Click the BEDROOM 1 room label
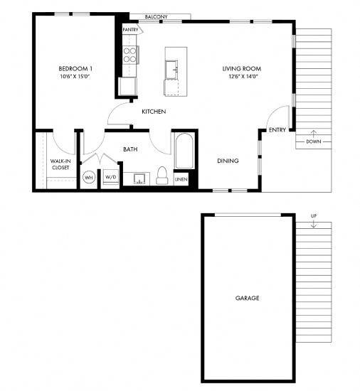point(76,69)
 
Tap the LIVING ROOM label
point(239,69)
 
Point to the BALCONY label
point(156,16)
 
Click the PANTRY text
point(130,30)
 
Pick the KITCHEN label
point(154,112)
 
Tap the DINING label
point(228,161)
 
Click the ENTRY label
point(277,129)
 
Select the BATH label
point(130,149)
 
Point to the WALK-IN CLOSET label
point(60,164)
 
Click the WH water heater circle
point(90,176)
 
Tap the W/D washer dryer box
point(111,176)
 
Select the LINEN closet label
point(181,179)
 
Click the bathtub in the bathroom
point(181,152)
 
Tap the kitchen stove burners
point(130,55)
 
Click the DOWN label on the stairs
point(313,141)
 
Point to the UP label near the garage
point(313,215)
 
